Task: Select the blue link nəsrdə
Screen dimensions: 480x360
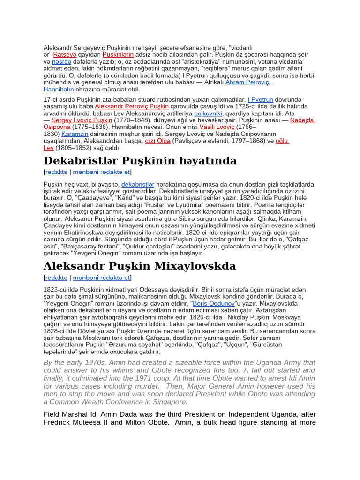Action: [x=62, y=61]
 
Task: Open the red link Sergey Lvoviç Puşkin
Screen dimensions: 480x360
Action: [x=82, y=120]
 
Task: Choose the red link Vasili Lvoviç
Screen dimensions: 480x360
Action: [x=217, y=127]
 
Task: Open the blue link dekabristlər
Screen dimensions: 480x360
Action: [x=138, y=184]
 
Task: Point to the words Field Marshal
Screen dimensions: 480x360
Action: [x=66, y=414]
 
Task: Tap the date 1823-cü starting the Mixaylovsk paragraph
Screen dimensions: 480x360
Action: [x=54, y=289]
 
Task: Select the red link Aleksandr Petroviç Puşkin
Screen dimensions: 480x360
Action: [x=132, y=106]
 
